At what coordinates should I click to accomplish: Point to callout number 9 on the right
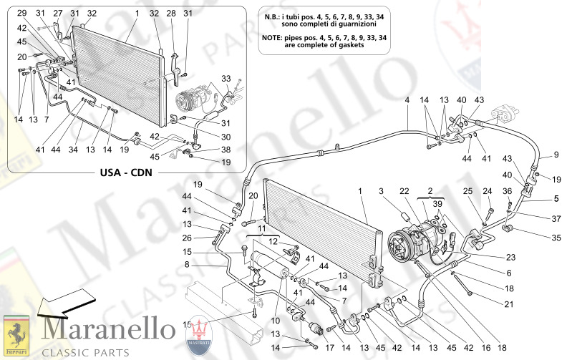click(x=554, y=155)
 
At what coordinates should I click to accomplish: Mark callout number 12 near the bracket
click(x=273, y=242)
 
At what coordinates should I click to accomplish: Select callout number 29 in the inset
click(x=21, y=14)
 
